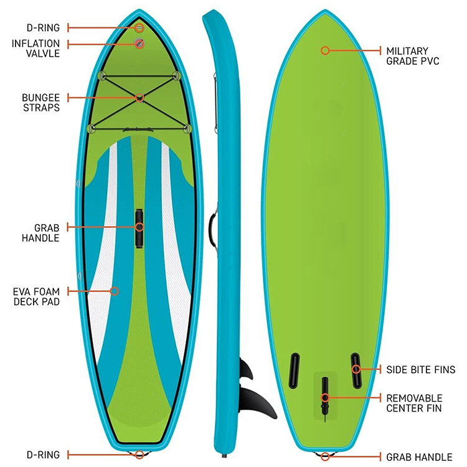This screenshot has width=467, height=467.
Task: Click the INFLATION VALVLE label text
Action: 35,49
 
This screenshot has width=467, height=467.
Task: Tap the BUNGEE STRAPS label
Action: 40,103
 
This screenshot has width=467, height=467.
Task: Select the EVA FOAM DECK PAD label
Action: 36,297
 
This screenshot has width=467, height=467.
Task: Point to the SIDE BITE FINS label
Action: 421,370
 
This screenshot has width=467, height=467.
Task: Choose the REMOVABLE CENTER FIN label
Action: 414,403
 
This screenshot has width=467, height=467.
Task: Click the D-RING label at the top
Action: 44,28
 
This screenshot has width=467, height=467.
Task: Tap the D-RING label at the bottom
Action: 44,455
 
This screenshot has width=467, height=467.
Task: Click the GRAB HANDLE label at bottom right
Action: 419,457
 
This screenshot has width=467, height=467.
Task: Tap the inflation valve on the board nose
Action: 139,43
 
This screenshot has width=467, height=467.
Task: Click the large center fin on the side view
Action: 257,402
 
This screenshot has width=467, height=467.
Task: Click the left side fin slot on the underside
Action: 294,369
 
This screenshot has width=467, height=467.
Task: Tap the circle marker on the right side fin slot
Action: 356,369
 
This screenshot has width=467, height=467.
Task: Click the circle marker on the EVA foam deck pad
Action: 114,291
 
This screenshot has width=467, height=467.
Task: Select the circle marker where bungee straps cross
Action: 139,97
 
